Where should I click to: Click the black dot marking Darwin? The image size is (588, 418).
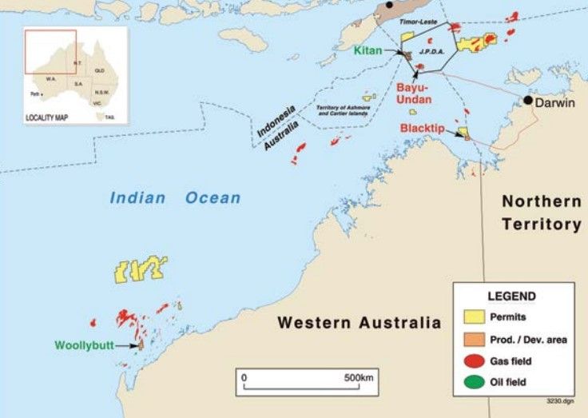click(528, 100)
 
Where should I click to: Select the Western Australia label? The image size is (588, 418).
click(359, 323)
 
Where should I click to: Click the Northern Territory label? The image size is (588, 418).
click(541, 212)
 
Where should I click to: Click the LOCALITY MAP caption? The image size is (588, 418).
click(48, 117)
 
